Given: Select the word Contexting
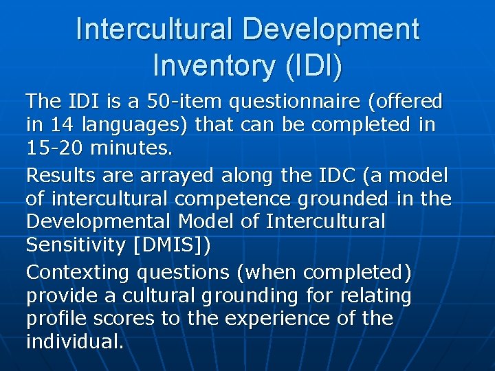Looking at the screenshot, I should click(x=78, y=273).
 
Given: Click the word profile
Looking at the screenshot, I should click(x=54, y=319).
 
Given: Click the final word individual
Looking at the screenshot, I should click(x=74, y=342).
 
